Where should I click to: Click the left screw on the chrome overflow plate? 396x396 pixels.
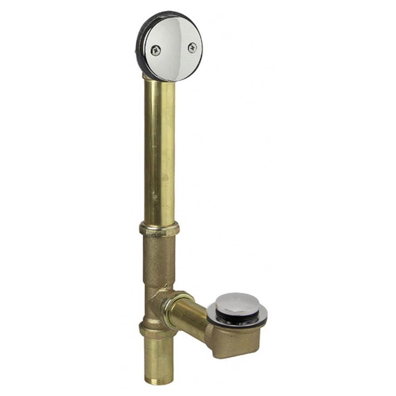[155, 50]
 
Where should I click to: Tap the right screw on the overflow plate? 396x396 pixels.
[192, 48]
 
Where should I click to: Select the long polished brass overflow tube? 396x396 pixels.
[159, 150]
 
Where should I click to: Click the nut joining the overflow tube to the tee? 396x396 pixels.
[159, 229]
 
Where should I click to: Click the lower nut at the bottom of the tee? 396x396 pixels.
[157, 330]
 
